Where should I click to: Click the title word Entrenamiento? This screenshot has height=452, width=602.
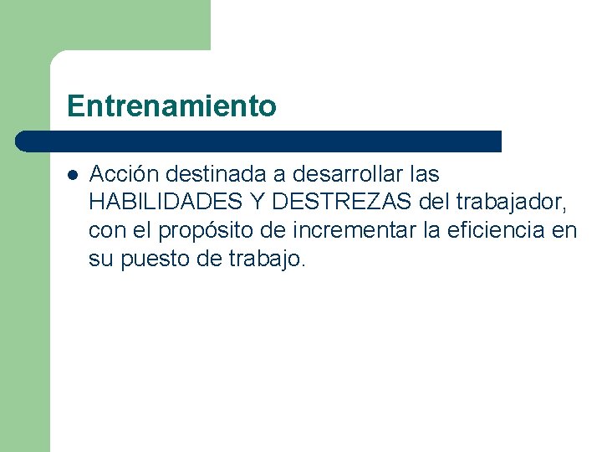[171, 106]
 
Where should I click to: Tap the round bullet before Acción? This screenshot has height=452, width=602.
[73, 176]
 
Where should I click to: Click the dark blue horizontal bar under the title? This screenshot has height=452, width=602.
[259, 141]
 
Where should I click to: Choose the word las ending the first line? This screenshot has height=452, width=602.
[425, 174]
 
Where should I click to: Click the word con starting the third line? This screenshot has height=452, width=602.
[105, 231]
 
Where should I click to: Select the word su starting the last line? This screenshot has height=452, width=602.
[99, 259]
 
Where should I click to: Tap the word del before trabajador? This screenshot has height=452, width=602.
[433, 203]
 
